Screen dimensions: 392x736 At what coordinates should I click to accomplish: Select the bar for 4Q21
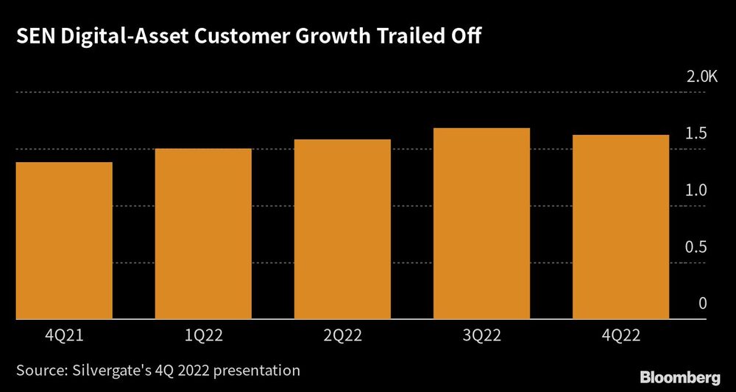[64, 241]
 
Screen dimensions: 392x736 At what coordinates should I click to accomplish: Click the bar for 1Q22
[203, 234]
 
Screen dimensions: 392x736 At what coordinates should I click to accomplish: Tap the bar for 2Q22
[342, 229]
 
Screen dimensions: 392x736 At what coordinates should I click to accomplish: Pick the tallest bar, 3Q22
[481, 224]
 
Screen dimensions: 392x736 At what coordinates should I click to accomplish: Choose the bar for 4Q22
[620, 227]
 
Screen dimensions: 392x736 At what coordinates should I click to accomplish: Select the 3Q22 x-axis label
[482, 335]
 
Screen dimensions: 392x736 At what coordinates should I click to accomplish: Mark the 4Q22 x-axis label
[621, 335]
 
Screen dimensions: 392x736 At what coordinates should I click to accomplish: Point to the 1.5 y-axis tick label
[696, 133]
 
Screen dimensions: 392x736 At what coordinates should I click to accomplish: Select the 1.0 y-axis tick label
[696, 190]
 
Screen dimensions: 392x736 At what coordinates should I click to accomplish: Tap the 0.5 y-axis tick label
[696, 247]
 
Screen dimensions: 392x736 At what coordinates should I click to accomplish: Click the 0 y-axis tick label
[702, 304]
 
